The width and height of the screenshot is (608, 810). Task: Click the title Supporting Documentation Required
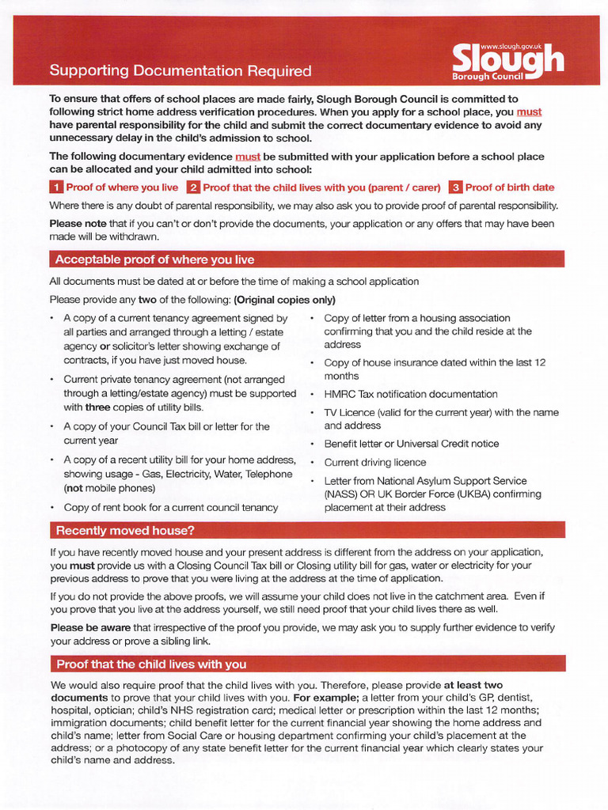pyautogui.click(x=180, y=71)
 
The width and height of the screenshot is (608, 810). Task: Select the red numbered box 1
pyautogui.click(x=56, y=187)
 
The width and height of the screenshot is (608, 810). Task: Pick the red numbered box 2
pyautogui.click(x=193, y=187)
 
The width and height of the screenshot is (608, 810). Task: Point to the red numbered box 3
pyautogui.click(x=455, y=187)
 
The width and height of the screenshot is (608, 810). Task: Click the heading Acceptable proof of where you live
pyautogui.click(x=154, y=259)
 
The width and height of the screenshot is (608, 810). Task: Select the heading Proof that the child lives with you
pyautogui.click(x=151, y=664)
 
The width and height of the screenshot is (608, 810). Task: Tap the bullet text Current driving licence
pyautogui.click(x=374, y=462)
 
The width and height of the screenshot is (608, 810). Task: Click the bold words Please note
pyautogui.click(x=78, y=224)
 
